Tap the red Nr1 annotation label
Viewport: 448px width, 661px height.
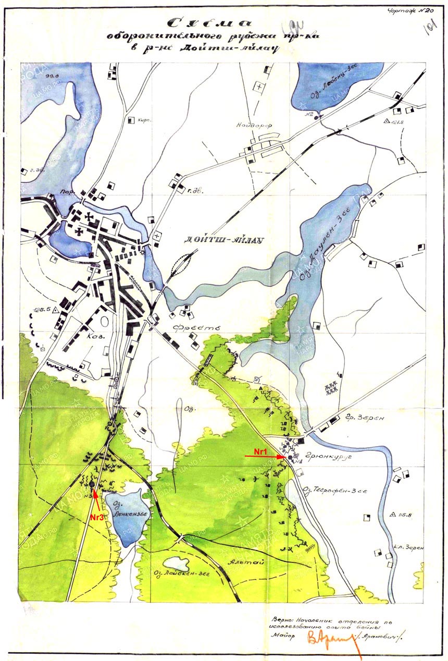(x=259, y=449)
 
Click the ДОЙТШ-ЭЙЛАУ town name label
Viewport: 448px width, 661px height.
(x=222, y=240)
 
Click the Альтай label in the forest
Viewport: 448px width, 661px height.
(x=242, y=562)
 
